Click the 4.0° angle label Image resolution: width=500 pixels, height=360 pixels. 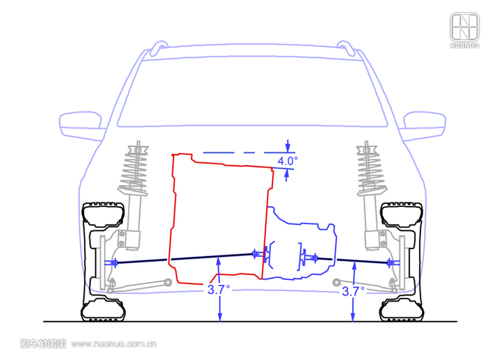pos(288,161)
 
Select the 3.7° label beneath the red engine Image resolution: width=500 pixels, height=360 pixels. pos(219,290)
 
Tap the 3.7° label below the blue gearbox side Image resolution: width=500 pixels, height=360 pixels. pos(353,291)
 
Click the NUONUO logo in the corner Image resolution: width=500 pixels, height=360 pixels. pos(464,30)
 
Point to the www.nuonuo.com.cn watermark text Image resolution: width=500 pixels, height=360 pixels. pos(114,344)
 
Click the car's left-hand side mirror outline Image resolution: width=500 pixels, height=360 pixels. pos(81,125)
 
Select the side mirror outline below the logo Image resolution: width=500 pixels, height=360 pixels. pos(423,125)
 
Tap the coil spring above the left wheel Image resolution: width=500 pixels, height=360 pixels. pos(135,168)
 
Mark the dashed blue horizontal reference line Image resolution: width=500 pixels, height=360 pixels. pos(248,153)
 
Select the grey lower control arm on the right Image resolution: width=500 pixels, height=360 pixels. pos(364,286)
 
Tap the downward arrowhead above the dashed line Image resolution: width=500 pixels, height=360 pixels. pos(288,147)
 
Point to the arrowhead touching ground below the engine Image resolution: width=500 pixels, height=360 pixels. pos(220,317)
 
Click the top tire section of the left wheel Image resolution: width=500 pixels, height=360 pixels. pos(103,214)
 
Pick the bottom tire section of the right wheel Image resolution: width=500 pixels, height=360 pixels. pos(402,309)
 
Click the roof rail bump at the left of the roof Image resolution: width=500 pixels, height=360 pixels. pos(159,47)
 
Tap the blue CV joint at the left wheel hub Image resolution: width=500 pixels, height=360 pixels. pos(114,263)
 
